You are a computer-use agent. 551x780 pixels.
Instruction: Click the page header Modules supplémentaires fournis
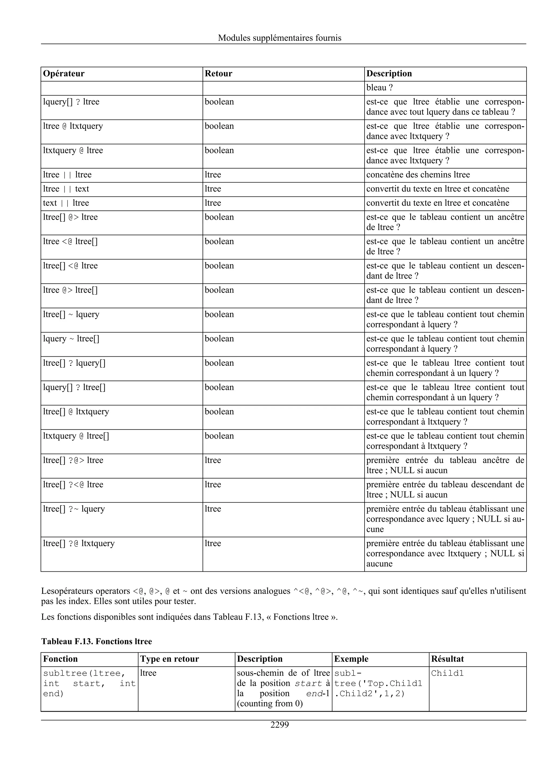point(280,38)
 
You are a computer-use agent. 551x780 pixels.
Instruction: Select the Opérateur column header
point(64,74)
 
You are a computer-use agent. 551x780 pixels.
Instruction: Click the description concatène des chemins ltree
point(418,175)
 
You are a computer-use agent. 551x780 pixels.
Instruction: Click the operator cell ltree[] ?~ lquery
point(74,509)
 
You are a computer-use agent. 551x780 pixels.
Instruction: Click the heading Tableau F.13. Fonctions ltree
point(96,641)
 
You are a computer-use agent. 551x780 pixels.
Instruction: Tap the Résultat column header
point(447,659)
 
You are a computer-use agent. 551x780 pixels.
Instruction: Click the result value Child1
point(447,673)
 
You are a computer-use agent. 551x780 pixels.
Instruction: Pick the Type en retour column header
point(169,659)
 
